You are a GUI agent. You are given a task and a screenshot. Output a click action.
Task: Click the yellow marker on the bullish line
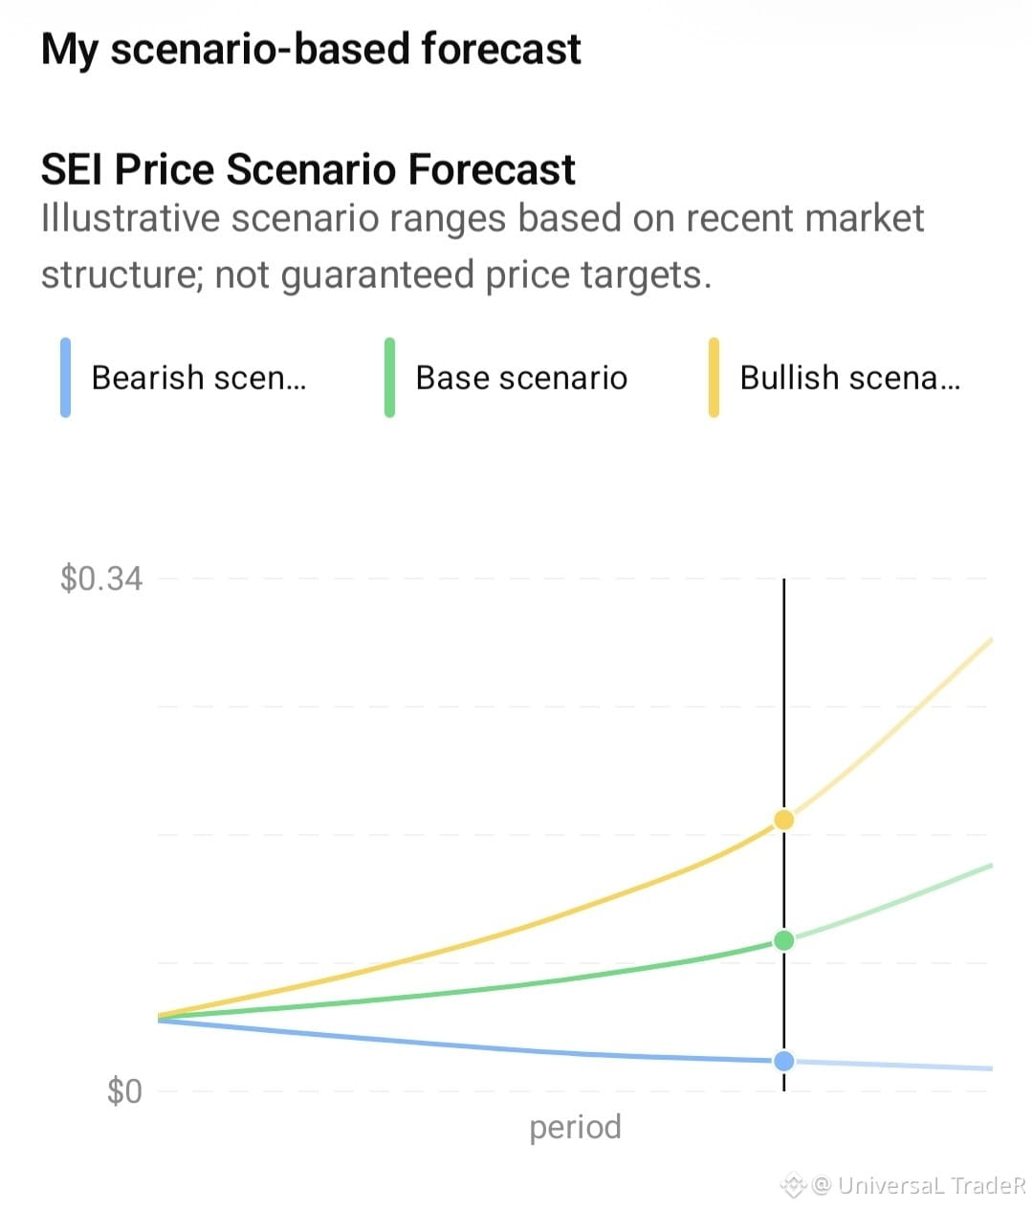[x=783, y=820]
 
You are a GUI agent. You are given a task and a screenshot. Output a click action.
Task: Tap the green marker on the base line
[x=783, y=940]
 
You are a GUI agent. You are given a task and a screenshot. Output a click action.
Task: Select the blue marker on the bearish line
[x=783, y=1061]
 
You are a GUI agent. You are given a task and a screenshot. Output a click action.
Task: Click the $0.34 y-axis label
[x=101, y=579]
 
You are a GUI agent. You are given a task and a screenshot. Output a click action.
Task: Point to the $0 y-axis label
[x=124, y=1090]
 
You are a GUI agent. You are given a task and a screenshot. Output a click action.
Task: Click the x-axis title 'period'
[x=575, y=1129]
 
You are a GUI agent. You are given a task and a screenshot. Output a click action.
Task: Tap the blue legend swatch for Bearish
[x=65, y=377]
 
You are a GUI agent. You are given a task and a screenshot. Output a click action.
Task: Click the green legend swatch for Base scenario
[x=389, y=377]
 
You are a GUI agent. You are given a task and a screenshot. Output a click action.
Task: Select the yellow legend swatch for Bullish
[x=714, y=377]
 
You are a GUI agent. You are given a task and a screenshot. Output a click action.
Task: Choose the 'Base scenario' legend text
[x=521, y=378]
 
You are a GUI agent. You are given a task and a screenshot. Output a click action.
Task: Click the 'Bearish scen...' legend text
[x=198, y=378]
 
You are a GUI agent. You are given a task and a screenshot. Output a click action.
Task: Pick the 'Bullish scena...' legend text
[x=849, y=378]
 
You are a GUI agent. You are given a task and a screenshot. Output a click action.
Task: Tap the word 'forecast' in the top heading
[x=500, y=49]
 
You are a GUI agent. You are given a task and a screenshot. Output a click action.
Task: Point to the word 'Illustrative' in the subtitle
[x=130, y=218]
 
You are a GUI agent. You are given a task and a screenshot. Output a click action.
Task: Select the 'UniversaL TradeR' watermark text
[x=931, y=1185]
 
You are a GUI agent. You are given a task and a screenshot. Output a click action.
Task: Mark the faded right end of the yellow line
[x=992, y=640]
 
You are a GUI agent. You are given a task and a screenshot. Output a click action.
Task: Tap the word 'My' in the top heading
[x=70, y=51]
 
